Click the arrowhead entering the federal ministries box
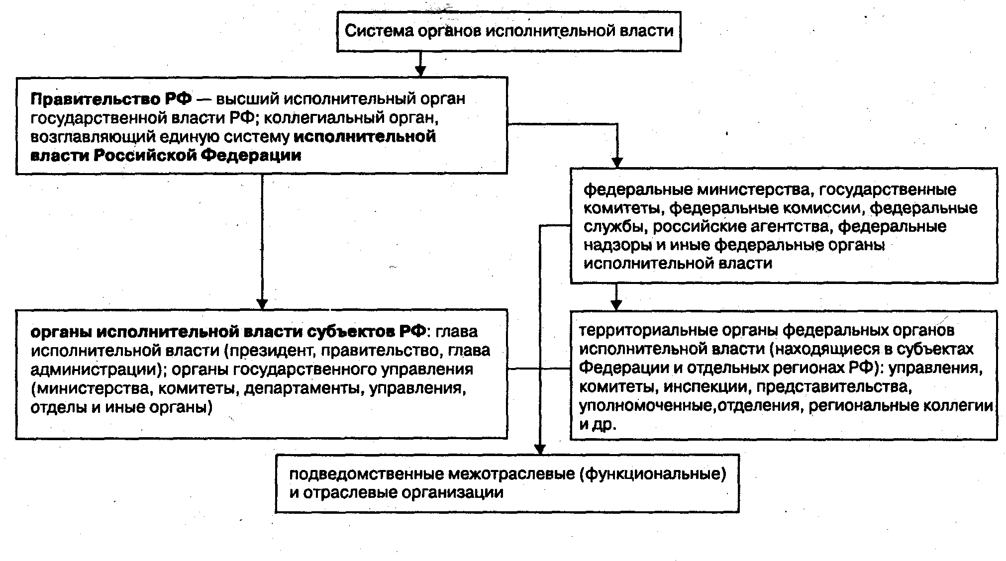[x=617, y=162]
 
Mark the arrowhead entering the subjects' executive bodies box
[x=262, y=303]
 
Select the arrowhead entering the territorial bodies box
[x=616, y=304]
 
